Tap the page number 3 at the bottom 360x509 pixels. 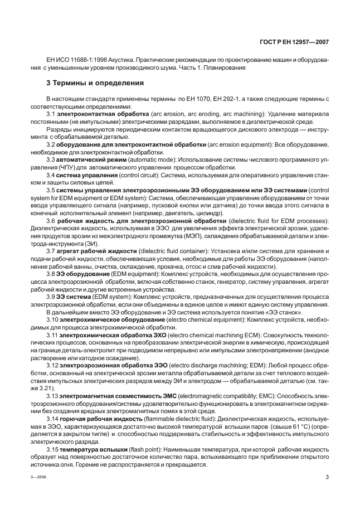tap(327, 477)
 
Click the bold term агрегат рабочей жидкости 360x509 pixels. tap(95, 251)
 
